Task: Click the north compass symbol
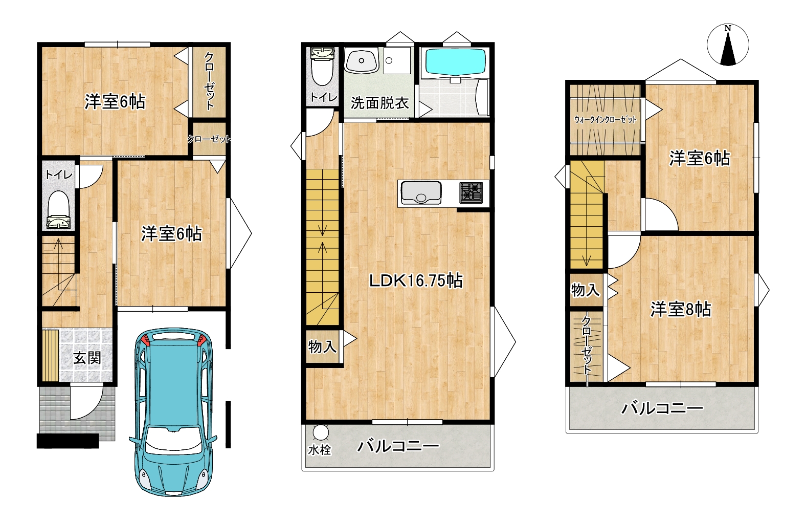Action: pos(728,45)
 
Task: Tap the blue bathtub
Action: pos(455,62)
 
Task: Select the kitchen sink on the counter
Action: pos(420,192)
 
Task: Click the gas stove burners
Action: pos(471,192)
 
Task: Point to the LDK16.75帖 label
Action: pos(416,281)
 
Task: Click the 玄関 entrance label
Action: pos(87,358)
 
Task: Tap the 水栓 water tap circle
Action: pos(320,433)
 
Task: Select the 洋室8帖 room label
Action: pos(680,310)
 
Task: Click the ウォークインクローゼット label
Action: pos(606,120)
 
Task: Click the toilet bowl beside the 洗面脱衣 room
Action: pos(322,67)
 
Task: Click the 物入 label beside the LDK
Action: pos(322,347)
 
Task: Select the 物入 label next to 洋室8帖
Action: pos(586,290)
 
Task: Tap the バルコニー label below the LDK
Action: pos(398,446)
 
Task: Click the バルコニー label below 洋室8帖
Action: pos(662,408)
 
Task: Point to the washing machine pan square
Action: pos(397,60)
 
